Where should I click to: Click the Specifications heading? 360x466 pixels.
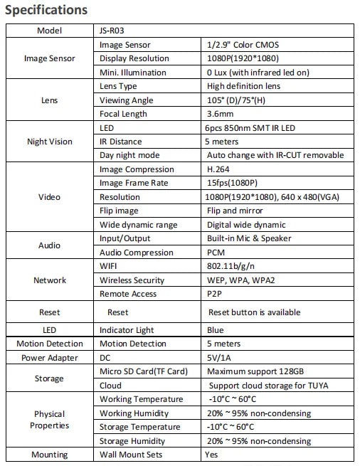pyautogui.click(x=46, y=10)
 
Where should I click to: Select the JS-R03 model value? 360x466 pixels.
pyautogui.click(x=113, y=31)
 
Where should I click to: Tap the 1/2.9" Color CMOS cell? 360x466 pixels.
pyautogui.click(x=243, y=45)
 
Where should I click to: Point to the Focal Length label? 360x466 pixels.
pyautogui.click(x=124, y=114)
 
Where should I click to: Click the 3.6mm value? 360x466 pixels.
pyautogui.click(x=218, y=114)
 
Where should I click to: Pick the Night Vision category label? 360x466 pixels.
pyautogui.click(x=49, y=142)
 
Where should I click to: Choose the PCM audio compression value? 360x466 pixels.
pyautogui.click(x=216, y=253)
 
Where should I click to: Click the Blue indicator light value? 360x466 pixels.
pyautogui.click(x=216, y=330)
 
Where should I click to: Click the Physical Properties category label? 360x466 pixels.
pyautogui.click(x=49, y=420)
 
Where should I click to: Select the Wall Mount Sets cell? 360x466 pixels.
pyautogui.click(x=132, y=455)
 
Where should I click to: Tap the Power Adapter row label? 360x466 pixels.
pyautogui.click(x=49, y=358)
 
